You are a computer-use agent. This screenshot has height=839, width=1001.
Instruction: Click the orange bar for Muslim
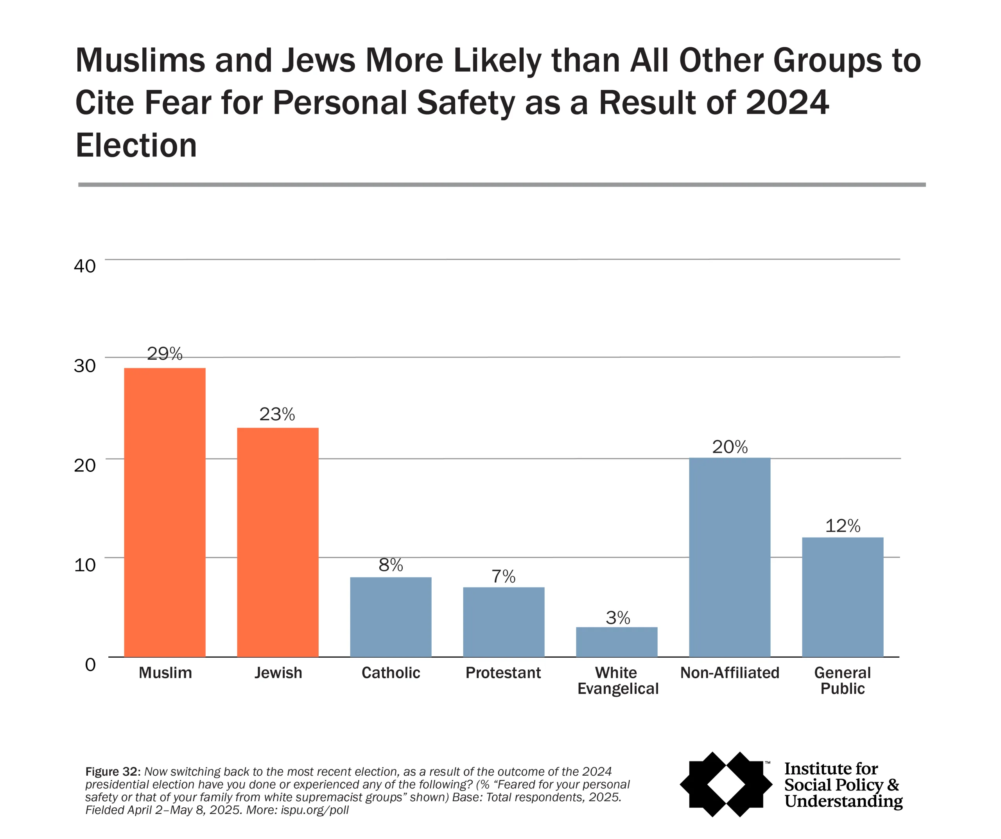click(x=165, y=513)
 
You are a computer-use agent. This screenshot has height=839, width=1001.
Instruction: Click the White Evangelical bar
click(x=616, y=642)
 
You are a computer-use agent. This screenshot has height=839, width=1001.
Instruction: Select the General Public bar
click(x=842, y=597)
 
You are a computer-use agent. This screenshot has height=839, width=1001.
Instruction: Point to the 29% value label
click(x=165, y=354)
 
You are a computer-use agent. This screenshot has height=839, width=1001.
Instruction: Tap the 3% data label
click(x=618, y=618)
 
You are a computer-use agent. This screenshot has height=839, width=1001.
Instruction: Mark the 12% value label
click(x=842, y=526)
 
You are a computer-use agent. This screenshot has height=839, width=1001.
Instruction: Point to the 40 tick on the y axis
click(x=85, y=266)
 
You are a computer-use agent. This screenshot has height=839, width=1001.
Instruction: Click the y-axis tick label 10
click(x=85, y=565)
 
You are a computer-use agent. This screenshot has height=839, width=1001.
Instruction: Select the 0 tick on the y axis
click(x=90, y=664)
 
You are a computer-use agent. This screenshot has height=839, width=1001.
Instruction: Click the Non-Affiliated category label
click(x=729, y=672)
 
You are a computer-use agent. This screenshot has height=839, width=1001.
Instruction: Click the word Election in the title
click(x=136, y=145)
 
